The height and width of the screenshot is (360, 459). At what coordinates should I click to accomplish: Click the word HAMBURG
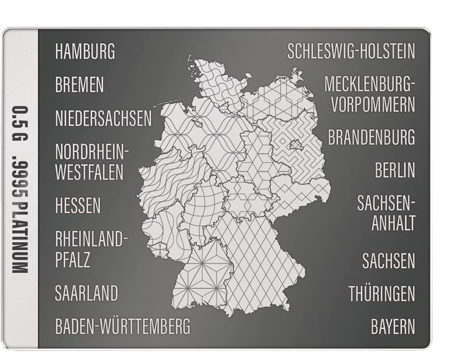click(85, 52)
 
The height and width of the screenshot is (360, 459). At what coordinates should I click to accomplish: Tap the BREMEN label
click(80, 86)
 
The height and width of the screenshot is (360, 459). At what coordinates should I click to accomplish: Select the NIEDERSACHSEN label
click(103, 119)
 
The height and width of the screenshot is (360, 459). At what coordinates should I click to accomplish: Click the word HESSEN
click(78, 205)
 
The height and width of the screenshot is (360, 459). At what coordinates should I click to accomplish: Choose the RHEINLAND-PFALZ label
click(88, 249)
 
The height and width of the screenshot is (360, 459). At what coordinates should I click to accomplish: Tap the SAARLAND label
click(87, 293)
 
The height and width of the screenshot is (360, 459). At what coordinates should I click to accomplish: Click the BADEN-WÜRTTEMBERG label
click(122, 327)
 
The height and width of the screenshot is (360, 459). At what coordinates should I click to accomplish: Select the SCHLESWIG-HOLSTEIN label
click(351, 52)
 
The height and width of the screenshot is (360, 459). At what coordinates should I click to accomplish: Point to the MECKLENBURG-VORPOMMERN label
click(369, 95)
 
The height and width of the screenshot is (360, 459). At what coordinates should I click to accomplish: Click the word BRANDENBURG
click(371, 138)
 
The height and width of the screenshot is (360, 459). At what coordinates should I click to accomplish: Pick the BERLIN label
click(395, 171)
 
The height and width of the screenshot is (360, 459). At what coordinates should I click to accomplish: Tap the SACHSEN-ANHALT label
click(386, 212)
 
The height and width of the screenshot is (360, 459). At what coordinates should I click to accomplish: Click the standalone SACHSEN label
click(388, 261)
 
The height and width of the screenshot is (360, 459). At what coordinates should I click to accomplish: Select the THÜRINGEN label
click(382, 295)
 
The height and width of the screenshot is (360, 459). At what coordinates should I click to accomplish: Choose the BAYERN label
click(392, 327)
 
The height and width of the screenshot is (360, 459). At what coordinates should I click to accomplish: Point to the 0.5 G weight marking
click(21, 122)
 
